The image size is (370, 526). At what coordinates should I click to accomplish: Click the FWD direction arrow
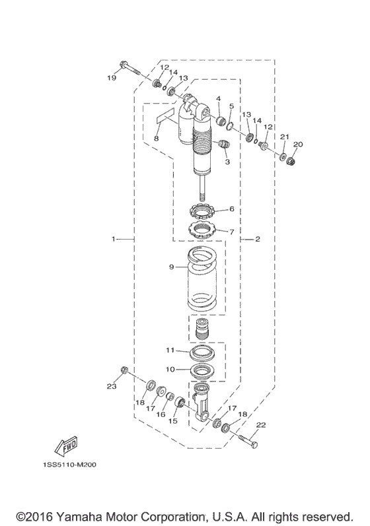66,446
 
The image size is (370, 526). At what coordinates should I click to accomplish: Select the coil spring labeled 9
201,278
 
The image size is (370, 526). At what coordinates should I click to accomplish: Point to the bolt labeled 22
248,441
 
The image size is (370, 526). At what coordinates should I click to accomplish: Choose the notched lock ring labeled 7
200,230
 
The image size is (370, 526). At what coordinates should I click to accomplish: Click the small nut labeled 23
124,370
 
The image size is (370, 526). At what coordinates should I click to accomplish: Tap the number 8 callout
157,138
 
